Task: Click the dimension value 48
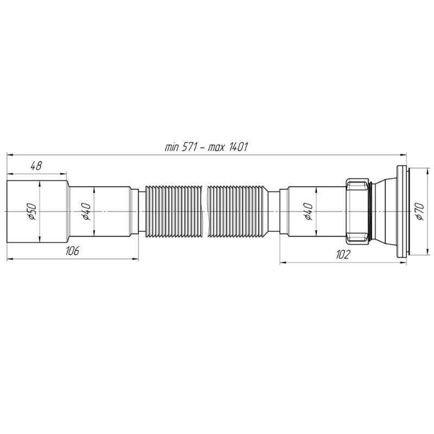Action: click(36, 166)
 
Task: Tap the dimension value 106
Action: click(72, 251)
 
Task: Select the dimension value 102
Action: click(343, 254)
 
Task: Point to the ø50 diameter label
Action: click(31, 212)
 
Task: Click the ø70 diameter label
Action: click(420, 211)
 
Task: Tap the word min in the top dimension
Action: click(171, 148)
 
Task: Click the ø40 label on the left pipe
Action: click(86, 212)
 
